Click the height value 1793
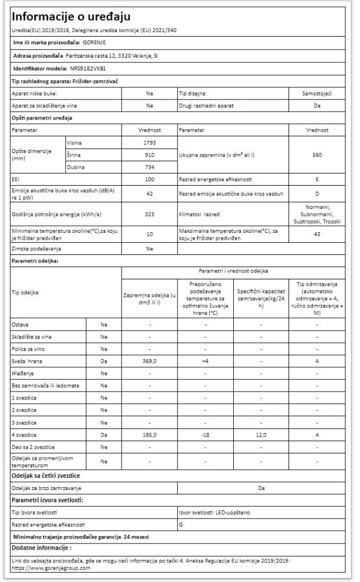[149, 143]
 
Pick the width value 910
[149, 155]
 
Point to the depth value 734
[149, 168]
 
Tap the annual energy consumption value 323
[149, 214]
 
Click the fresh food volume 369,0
[149, 362]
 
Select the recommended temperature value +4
[202, 362]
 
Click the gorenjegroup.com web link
[51, 569]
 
